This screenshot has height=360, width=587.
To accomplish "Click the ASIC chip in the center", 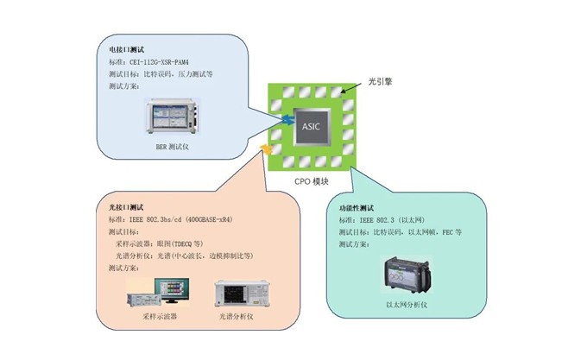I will (x=312, y=127).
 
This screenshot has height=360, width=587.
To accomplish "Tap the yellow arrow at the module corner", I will (x=268, y=151).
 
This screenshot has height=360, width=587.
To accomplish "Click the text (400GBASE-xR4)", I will (x=237, y=220).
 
